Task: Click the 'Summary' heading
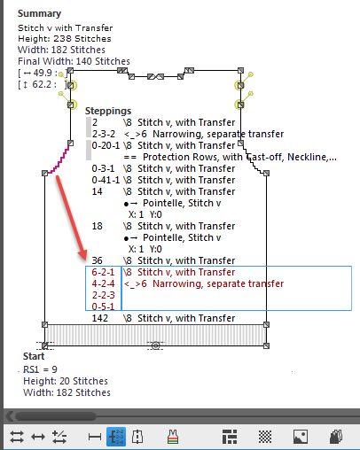pyautogui.click(x=40, y=14)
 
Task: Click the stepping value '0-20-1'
pyautogui.click(x=106, y=145)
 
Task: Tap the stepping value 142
pyautogui.click(x=100, y=318)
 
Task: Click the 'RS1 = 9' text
pyautogui.click(x=39, y=369)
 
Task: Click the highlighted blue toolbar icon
pyautogui.click(x=116, y=436)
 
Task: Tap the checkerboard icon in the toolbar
pyautogui.click(x=264, y=436)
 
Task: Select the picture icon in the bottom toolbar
pyautogui.click(x=300, y=436)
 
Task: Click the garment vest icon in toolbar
pyautogui.click(x=173, y=436)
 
